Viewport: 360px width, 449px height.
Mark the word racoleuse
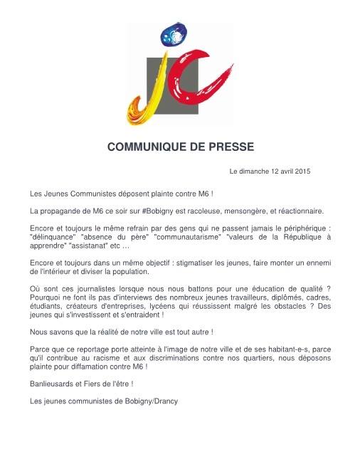(x=202, y=211)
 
